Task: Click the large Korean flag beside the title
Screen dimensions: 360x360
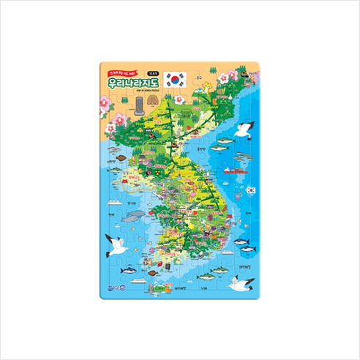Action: click(x=176, y=79)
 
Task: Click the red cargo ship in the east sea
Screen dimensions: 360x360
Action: click(x=234, y=170)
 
